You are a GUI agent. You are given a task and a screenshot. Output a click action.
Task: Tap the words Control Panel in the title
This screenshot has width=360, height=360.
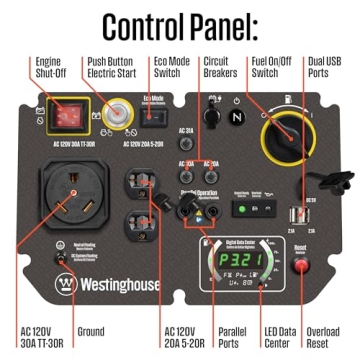pos(180,22)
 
